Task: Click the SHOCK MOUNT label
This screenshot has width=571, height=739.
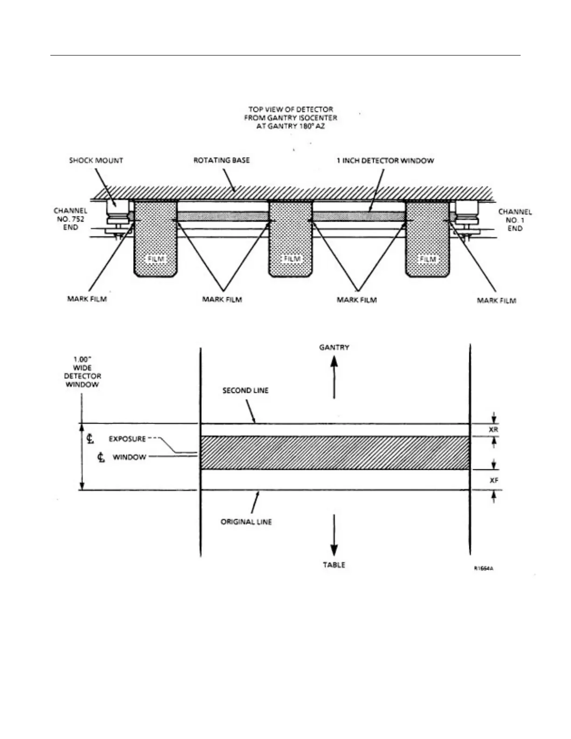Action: click(x=96, y=160)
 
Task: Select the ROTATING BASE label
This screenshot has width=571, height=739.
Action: click(x=222, y=160)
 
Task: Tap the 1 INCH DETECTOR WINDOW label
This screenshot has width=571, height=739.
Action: click(x=385, y=160)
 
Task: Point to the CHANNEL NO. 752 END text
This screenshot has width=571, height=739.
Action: click(x=70, y=219)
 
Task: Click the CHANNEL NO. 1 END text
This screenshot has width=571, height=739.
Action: click(x=515, y=220)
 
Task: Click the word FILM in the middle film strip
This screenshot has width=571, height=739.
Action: click(x=292, y=258)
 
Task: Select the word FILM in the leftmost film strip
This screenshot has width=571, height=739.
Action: click(x=156, y=258)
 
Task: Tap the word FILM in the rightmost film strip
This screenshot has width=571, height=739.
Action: click(x=427, y=258)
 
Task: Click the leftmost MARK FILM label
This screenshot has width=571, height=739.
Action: click(x=87, y=299)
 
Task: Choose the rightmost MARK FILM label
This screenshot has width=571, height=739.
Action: click(x=496, y=300)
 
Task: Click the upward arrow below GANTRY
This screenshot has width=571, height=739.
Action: click(x=334, y=376)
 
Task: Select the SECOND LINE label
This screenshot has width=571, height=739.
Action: click(x=245, y=390)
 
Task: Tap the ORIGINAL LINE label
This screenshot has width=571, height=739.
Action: click(x=246, y=522)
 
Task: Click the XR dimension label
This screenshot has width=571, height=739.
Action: click(x=494, y=430)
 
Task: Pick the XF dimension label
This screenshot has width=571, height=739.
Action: click(x=494, y=480)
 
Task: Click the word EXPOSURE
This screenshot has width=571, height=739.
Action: click(x=127, y=439)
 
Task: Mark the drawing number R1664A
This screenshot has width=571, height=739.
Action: click(x=484, y=568)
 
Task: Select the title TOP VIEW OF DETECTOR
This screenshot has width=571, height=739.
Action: click(x=290, y=110)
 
